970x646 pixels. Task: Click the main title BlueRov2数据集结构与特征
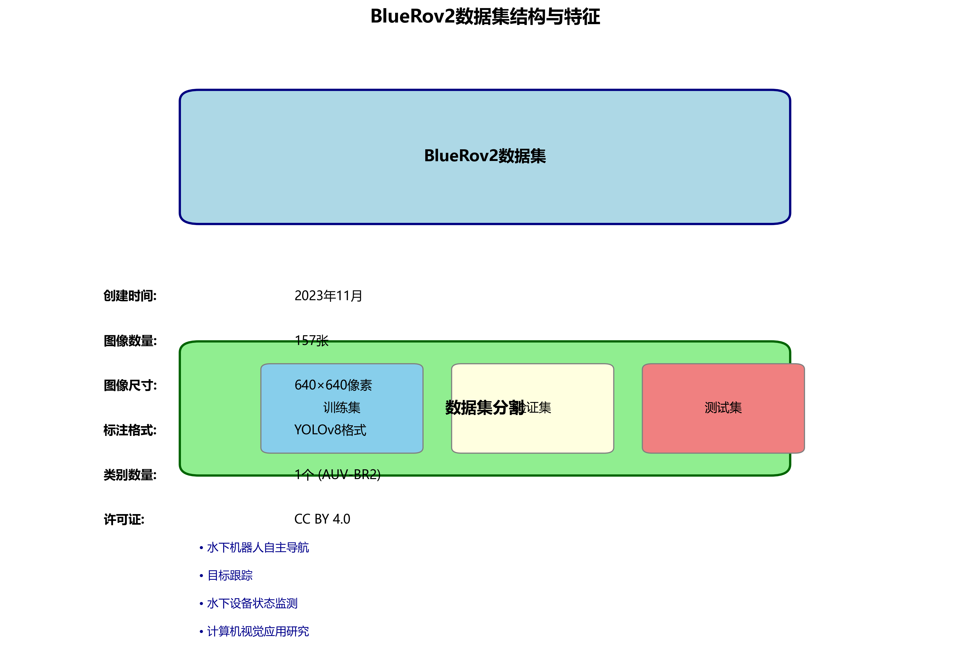click(485, 17)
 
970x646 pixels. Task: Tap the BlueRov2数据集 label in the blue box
click(485, 156)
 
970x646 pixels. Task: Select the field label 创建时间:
click(130, 296)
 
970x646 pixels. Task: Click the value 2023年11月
click(328, 296)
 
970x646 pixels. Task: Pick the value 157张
click(311, 341)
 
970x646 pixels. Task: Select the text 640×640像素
click(333, 385)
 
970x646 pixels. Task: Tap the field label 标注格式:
click(130, 430)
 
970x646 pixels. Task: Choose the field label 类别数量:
click(130, 475)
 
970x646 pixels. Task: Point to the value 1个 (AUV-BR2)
click(337, 475)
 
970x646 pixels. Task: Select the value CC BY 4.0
click(322, 519)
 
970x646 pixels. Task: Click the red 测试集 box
click(723, 408)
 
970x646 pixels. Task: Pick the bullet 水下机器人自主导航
click(258, 547)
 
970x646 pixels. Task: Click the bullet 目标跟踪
click(230, 575)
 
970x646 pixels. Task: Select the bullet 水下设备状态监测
click(252, 604)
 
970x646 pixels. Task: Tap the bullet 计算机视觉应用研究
click(258, 631)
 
